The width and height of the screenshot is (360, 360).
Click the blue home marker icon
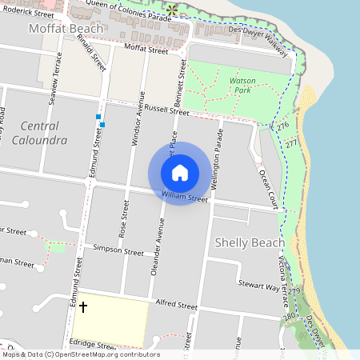point(180,173)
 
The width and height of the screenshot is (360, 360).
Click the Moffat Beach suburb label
point(66,29)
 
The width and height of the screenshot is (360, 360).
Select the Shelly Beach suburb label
point(250,242)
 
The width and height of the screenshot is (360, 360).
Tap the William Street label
point(184,194)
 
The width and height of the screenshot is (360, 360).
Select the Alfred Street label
point(176,305)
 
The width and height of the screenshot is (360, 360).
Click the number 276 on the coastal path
point(282,126)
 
